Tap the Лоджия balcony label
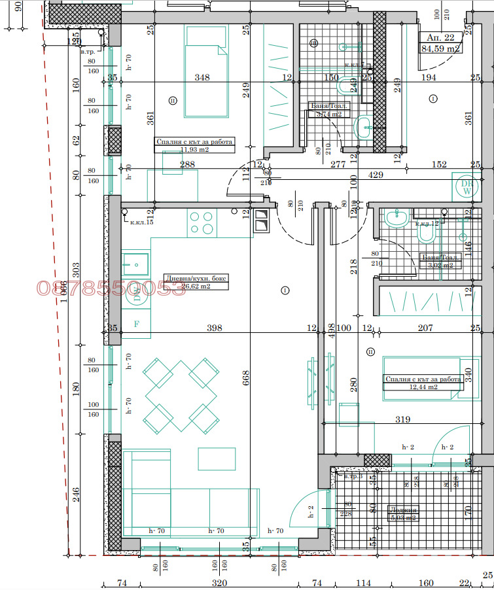[x=402, y=510]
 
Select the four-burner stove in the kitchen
[x=201, y=222]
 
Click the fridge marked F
[x=136, y=323]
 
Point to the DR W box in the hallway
[x=466, y=187]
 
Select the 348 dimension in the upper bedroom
[x=202, y=78]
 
